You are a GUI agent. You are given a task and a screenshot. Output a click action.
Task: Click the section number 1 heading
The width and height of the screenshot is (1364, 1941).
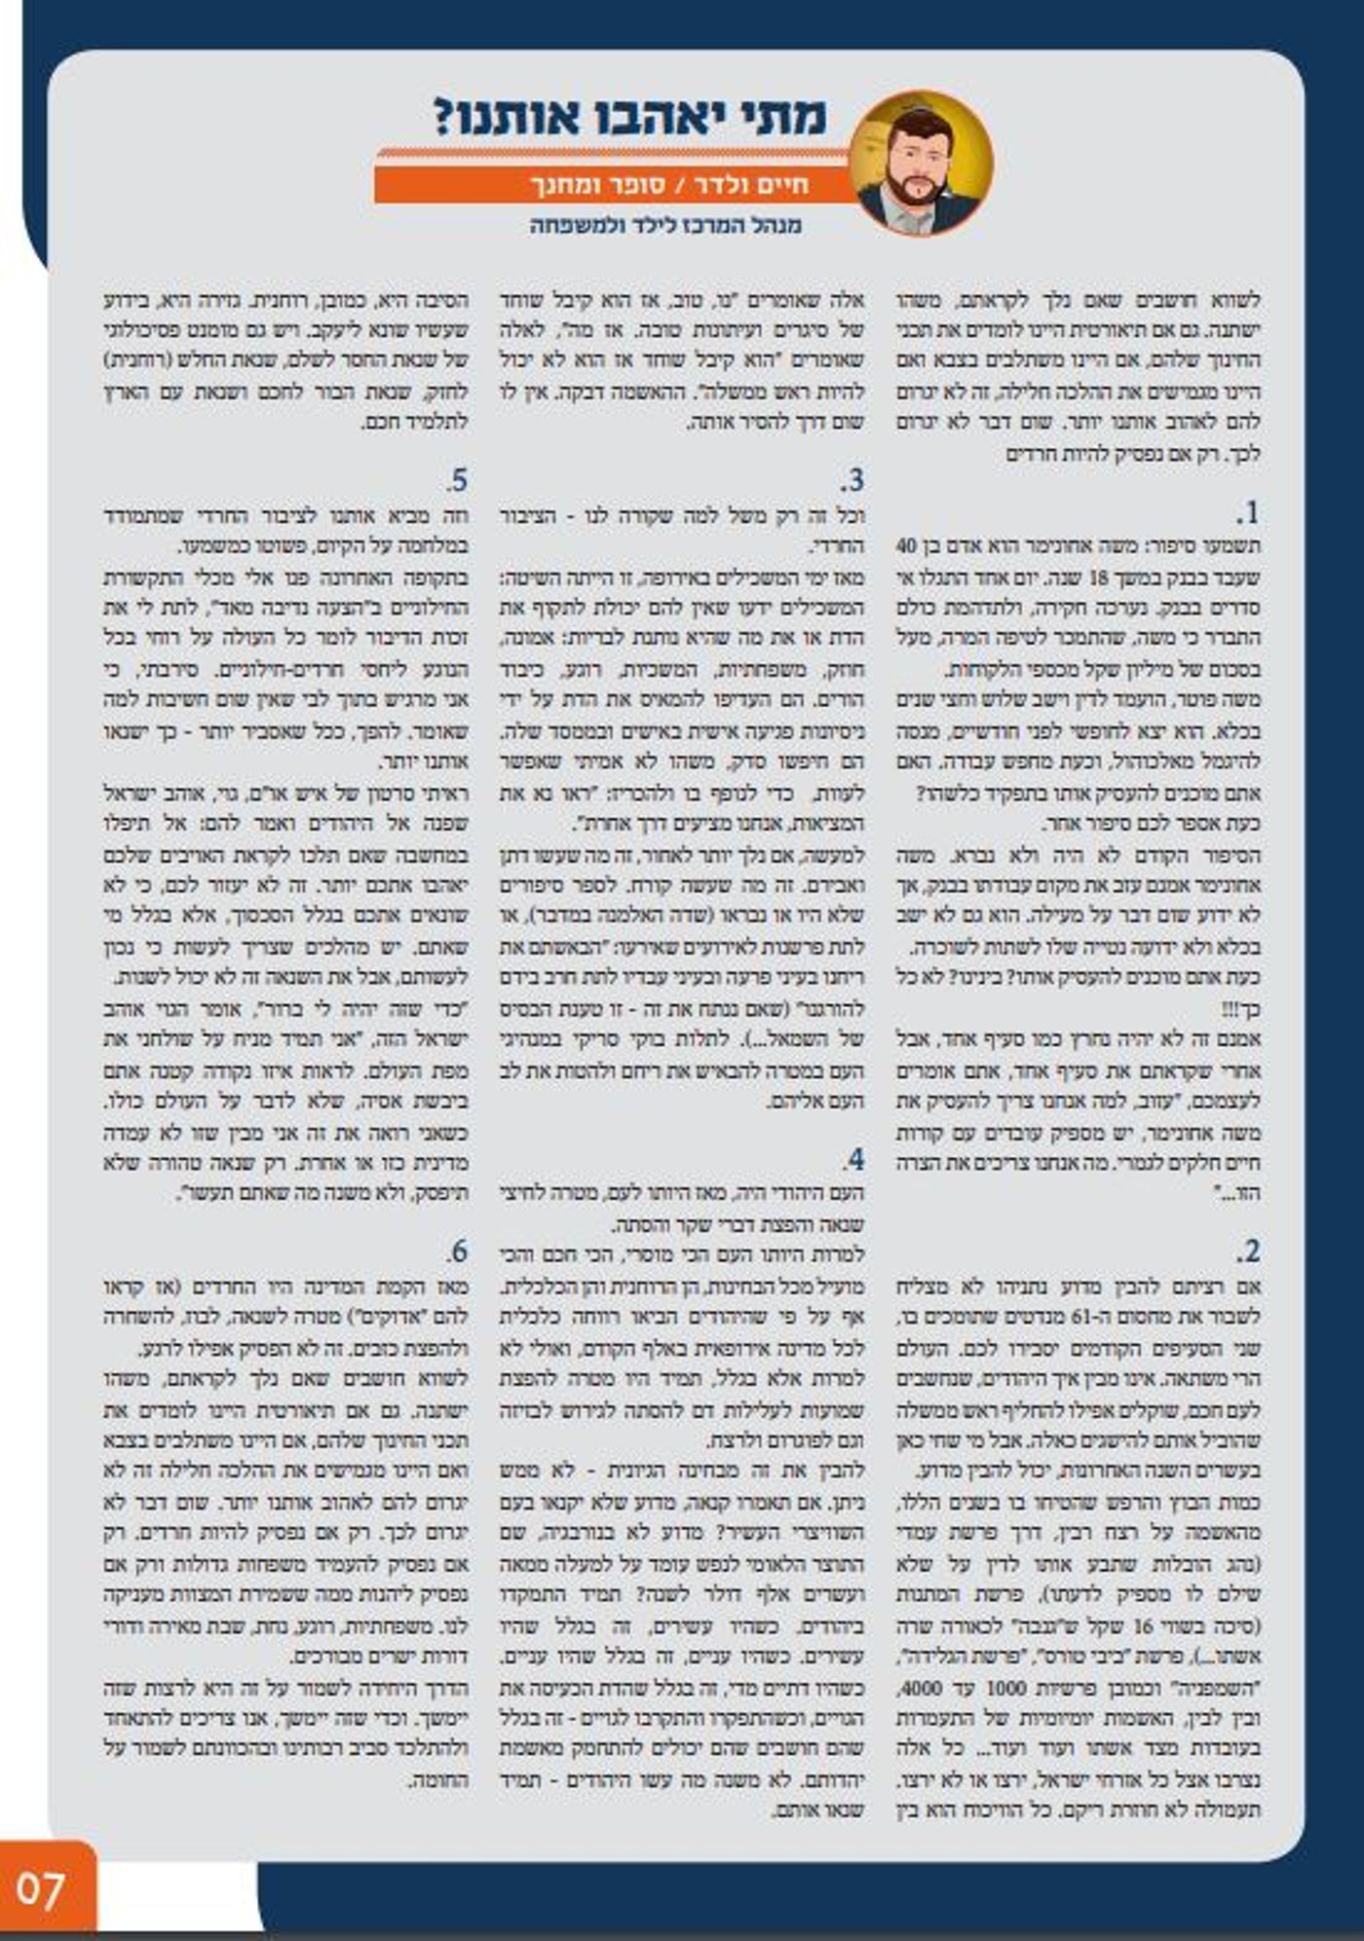click(1247, 513)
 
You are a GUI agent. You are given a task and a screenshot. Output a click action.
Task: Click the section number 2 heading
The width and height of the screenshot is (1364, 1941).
click(1248, 1251)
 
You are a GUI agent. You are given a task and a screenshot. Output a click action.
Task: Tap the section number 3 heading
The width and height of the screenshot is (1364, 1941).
click(852, 480)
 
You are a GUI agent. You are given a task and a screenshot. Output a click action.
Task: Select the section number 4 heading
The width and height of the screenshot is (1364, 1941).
click(853, 1160)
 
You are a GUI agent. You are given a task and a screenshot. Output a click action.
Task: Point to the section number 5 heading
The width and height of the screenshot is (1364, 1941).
click(457, 480)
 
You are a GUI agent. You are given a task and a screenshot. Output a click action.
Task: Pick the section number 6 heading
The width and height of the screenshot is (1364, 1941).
click(457, 1251)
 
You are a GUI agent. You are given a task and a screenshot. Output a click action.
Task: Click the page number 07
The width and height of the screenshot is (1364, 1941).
click(41, 1889)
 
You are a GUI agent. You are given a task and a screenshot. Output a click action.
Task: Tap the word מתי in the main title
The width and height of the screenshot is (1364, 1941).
click(780, 118)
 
